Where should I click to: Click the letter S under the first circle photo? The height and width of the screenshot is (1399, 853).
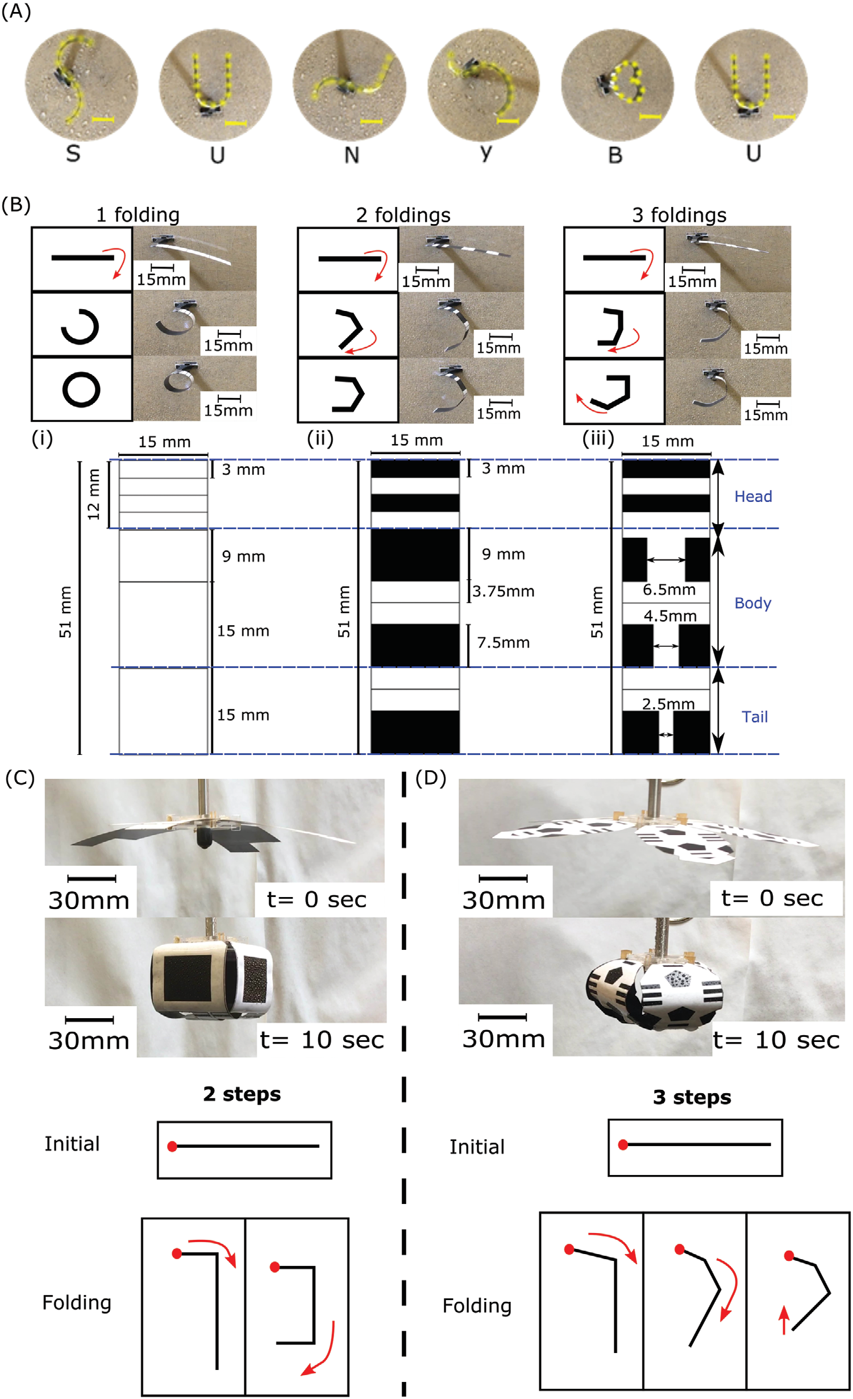[73, 153]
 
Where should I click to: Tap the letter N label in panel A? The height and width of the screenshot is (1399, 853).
[352, 155]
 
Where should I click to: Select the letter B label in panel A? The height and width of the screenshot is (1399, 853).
[615, 155]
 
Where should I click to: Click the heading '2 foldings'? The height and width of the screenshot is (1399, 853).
[403, 215]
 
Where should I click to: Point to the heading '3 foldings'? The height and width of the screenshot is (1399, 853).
[679, 215]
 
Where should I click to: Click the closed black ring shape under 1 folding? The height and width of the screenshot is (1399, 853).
[81, 389]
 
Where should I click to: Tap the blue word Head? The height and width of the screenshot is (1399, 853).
[753, 496]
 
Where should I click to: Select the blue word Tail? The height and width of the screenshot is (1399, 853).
[755, 717]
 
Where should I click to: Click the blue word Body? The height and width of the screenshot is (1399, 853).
[753, 603]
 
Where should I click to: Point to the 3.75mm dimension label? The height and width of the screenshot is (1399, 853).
[504, 591]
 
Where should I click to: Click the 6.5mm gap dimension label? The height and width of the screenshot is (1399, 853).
[669, 590]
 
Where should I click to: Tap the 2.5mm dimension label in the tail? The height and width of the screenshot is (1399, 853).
[668, 704]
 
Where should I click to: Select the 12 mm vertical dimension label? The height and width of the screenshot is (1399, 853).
[94, 494]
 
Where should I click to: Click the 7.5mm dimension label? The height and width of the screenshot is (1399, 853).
[504, 642]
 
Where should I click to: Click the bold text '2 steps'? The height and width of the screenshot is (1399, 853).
[242, 1094]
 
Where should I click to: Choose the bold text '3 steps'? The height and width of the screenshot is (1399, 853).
[692, 1097]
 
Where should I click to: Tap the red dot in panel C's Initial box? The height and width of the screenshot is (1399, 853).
[172, 1147]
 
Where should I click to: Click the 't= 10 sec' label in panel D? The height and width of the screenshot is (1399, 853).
[776, 1040]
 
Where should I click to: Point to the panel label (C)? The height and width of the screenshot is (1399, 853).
[20, 778]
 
